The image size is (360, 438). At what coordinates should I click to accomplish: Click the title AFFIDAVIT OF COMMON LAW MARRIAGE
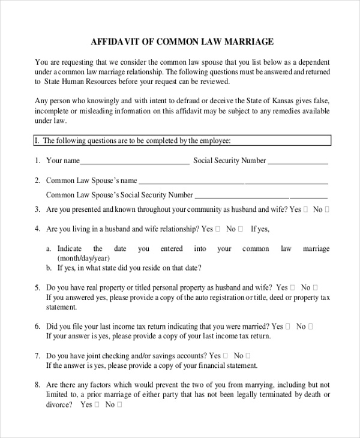click(x=182, y=42)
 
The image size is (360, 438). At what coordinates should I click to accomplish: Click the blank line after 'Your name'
click(x=134, y=161)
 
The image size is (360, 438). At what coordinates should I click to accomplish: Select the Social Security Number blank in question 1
click(x=298, y=161)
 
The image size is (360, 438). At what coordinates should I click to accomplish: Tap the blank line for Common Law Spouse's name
click(x=233, y=181)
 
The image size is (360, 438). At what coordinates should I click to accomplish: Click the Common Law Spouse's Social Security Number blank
click(x=261, y=196)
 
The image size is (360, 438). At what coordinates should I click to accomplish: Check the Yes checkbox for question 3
click(x=306, y=210)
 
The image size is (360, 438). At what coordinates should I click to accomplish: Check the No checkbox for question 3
click(x=327, y=210)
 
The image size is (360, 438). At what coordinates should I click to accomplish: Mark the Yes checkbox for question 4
click(x=218, y=229)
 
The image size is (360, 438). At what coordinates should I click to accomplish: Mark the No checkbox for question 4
click(x=241, y=229)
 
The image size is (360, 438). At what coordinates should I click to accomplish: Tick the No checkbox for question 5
click(x=316, y=288)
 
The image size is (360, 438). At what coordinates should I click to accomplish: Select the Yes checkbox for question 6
click(x=287, y=327)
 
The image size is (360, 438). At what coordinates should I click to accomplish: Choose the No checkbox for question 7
click(x=248, y=356)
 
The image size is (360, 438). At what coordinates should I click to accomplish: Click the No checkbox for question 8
click(x=119, y=405)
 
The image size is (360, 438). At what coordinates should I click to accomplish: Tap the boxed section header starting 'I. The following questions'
click(x=181, y=141)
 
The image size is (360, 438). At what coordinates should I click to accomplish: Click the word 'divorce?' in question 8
click(x=59, y=405)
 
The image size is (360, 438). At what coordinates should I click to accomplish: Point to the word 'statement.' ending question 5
click(x=61, y=307)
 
